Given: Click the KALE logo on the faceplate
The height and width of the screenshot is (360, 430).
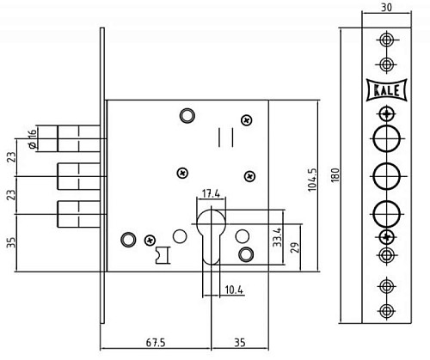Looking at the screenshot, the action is point(387,90).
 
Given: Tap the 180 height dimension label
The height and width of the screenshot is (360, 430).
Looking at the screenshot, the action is point(335,175).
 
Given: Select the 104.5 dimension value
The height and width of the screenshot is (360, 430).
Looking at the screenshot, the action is point(312,180).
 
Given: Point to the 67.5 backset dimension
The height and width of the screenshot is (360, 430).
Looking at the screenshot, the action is point(156,343).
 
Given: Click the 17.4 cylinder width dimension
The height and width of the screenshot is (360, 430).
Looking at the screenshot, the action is point(211,193).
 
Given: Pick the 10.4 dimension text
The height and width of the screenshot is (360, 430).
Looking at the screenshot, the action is point(234,290).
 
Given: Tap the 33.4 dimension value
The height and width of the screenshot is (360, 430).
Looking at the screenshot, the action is point(277,237).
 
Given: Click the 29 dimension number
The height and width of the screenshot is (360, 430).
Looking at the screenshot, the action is point(295,247).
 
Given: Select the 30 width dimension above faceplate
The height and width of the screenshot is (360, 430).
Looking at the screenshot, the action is point(386,8).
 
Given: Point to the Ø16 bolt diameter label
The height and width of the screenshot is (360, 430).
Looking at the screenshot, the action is point(33,139).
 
